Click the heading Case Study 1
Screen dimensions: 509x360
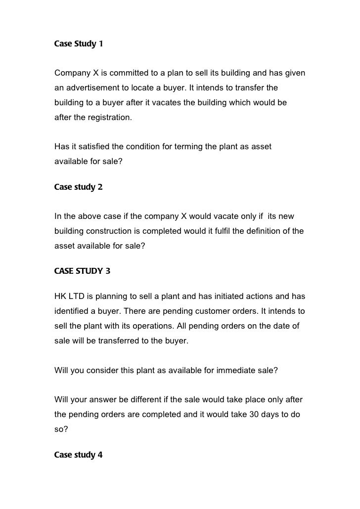tap(79, 44)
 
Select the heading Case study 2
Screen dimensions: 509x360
tap(78, 187)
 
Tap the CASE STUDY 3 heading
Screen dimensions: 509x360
tap(82, 270)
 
